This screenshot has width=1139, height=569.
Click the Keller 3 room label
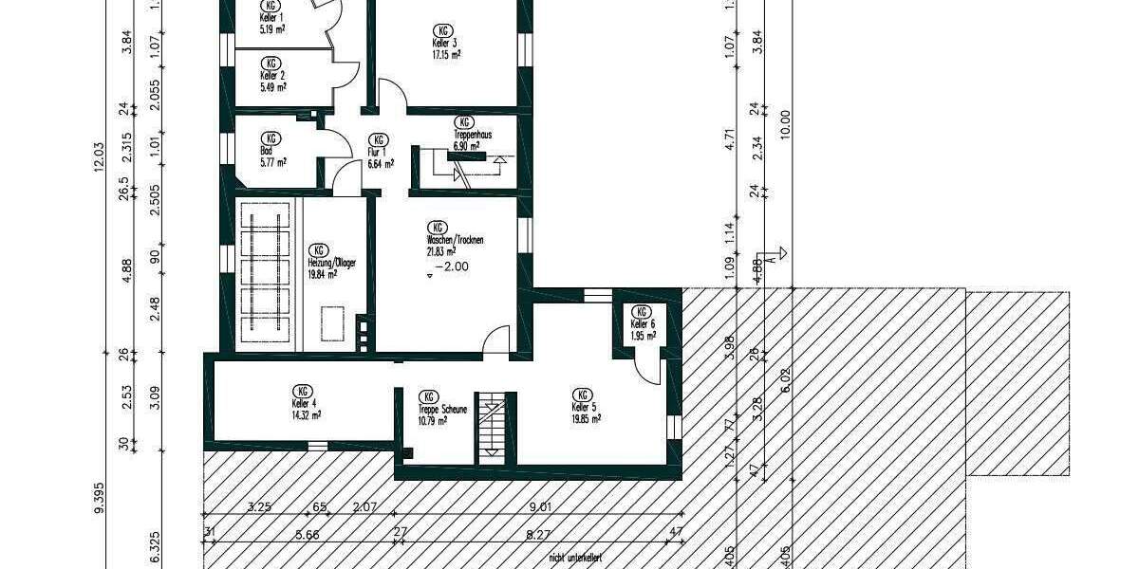pos(445,44)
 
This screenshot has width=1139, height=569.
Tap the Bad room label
pos(267,150)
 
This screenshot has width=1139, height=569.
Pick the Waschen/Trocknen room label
pos(456,241)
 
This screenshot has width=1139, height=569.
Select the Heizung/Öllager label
pos(331,264)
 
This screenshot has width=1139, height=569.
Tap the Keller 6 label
pos(643,324)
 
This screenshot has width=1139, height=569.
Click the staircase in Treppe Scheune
pos(492,426)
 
